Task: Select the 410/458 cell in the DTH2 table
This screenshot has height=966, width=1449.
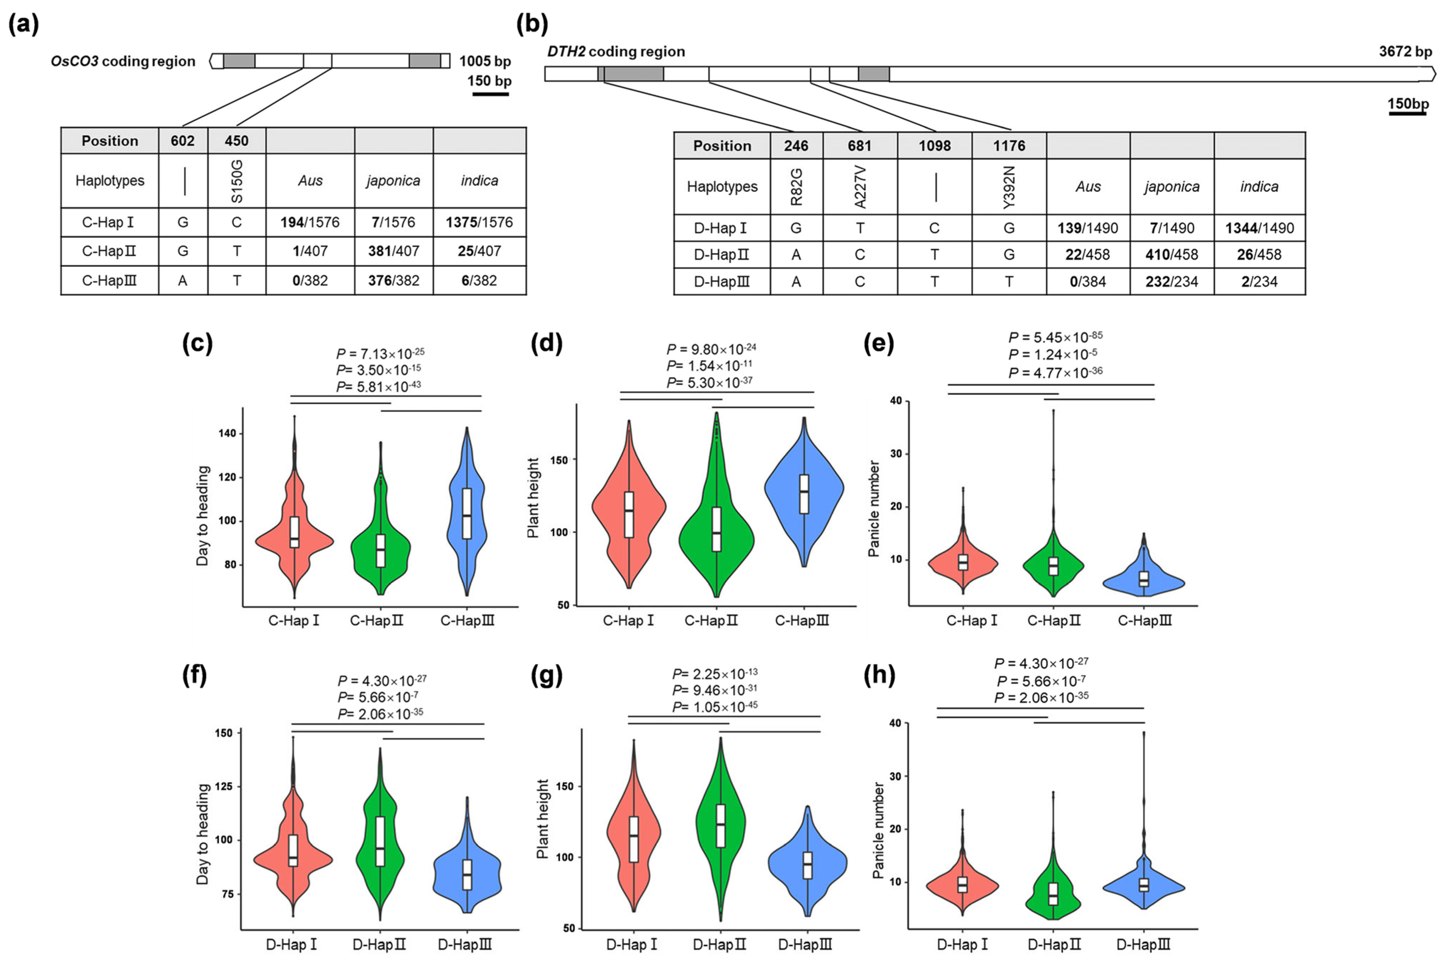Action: (x=1171, y=254)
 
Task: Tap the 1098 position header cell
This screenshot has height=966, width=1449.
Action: (x=935, y=146)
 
